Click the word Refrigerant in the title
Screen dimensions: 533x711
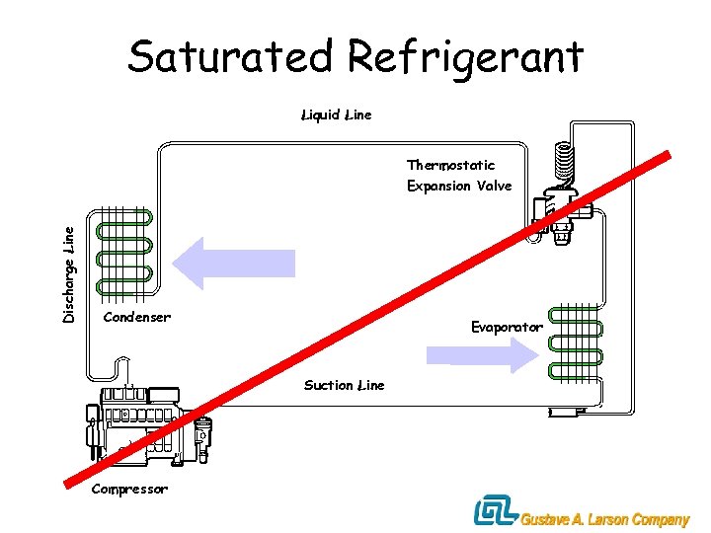[x=467, y=57]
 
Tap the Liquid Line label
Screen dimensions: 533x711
[x=336, y=115]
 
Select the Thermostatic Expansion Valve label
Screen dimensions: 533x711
[x=458, y=175]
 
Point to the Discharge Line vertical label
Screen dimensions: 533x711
[x=68, y=273]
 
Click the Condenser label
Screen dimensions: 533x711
[x=136, y=317]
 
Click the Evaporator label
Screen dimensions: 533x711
[x=507, y=327]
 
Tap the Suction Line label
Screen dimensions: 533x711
[x=344, y=385]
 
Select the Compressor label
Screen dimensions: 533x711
[x=129, y=489]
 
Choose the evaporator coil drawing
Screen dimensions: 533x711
[x=574, y=343]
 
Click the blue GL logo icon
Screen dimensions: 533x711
[x=493, y=511]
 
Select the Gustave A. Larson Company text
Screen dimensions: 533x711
[x=603, y=520]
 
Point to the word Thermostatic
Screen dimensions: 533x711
[x=450, y=165]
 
